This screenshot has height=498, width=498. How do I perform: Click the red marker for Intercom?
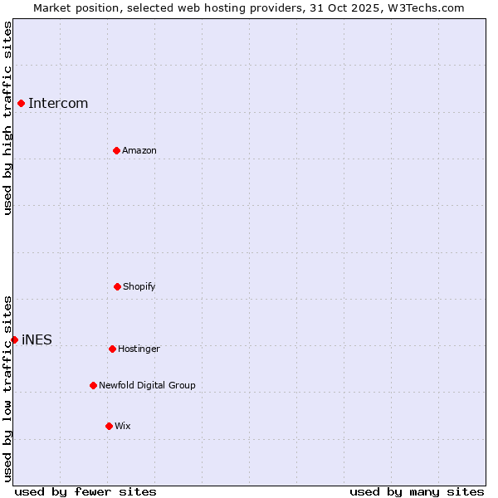22,103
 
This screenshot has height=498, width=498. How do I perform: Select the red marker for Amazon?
116,150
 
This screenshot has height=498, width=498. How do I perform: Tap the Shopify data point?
117,286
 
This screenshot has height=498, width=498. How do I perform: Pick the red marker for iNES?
14,339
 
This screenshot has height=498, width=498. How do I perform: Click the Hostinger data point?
112,349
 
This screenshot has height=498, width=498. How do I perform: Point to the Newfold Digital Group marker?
93,385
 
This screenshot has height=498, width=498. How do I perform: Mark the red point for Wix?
109,426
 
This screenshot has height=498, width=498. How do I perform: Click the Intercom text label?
58,104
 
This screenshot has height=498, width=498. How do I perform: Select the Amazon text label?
139,151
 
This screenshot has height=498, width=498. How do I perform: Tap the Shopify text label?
139,287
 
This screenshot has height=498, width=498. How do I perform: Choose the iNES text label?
37,340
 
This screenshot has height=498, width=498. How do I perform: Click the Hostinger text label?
139,349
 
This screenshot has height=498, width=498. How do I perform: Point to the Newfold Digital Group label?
147,386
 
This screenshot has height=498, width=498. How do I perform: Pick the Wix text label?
123,427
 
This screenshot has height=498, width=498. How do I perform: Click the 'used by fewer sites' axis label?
85,491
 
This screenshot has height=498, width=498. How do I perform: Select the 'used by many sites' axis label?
417,491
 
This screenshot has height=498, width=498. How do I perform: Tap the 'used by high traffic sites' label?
7,118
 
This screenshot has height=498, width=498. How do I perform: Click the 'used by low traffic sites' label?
7,388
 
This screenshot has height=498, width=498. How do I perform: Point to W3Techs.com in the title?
423,7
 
